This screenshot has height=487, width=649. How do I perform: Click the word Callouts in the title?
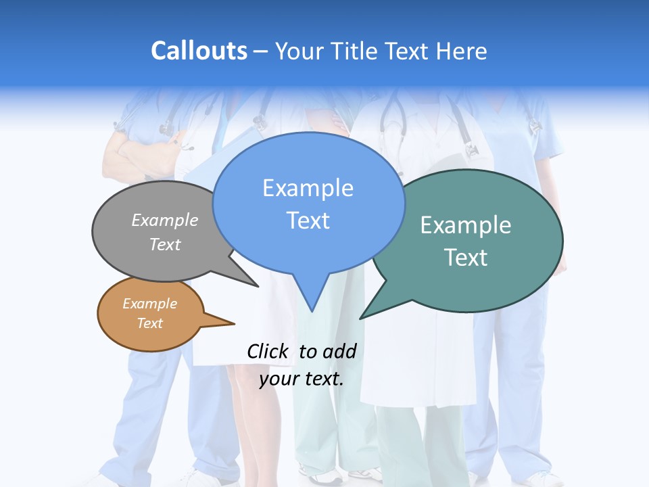(x=199, y=51)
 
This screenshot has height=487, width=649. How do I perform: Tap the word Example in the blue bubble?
(x=308, y=188)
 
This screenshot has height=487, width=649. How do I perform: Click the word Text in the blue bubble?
(x=308, y=221)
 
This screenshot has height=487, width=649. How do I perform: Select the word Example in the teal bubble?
(x=466, y=225)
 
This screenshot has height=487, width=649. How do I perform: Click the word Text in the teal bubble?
(x=466, y=258)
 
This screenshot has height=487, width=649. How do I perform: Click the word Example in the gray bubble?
(x=165, y=220)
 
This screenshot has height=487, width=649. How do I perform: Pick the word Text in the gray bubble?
(x=165, y=244)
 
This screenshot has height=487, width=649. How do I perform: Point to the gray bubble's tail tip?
(x=258, y=286)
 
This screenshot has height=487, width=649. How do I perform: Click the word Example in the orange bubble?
(x=149, y=304)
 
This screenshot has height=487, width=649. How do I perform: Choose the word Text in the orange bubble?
(x=149, y=323)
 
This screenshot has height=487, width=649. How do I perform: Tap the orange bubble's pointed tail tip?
(x=234, y=323)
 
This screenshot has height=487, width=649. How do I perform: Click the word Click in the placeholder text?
(x=267, y=351)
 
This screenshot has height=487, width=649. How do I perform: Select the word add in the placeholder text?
(x=339, y=351)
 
